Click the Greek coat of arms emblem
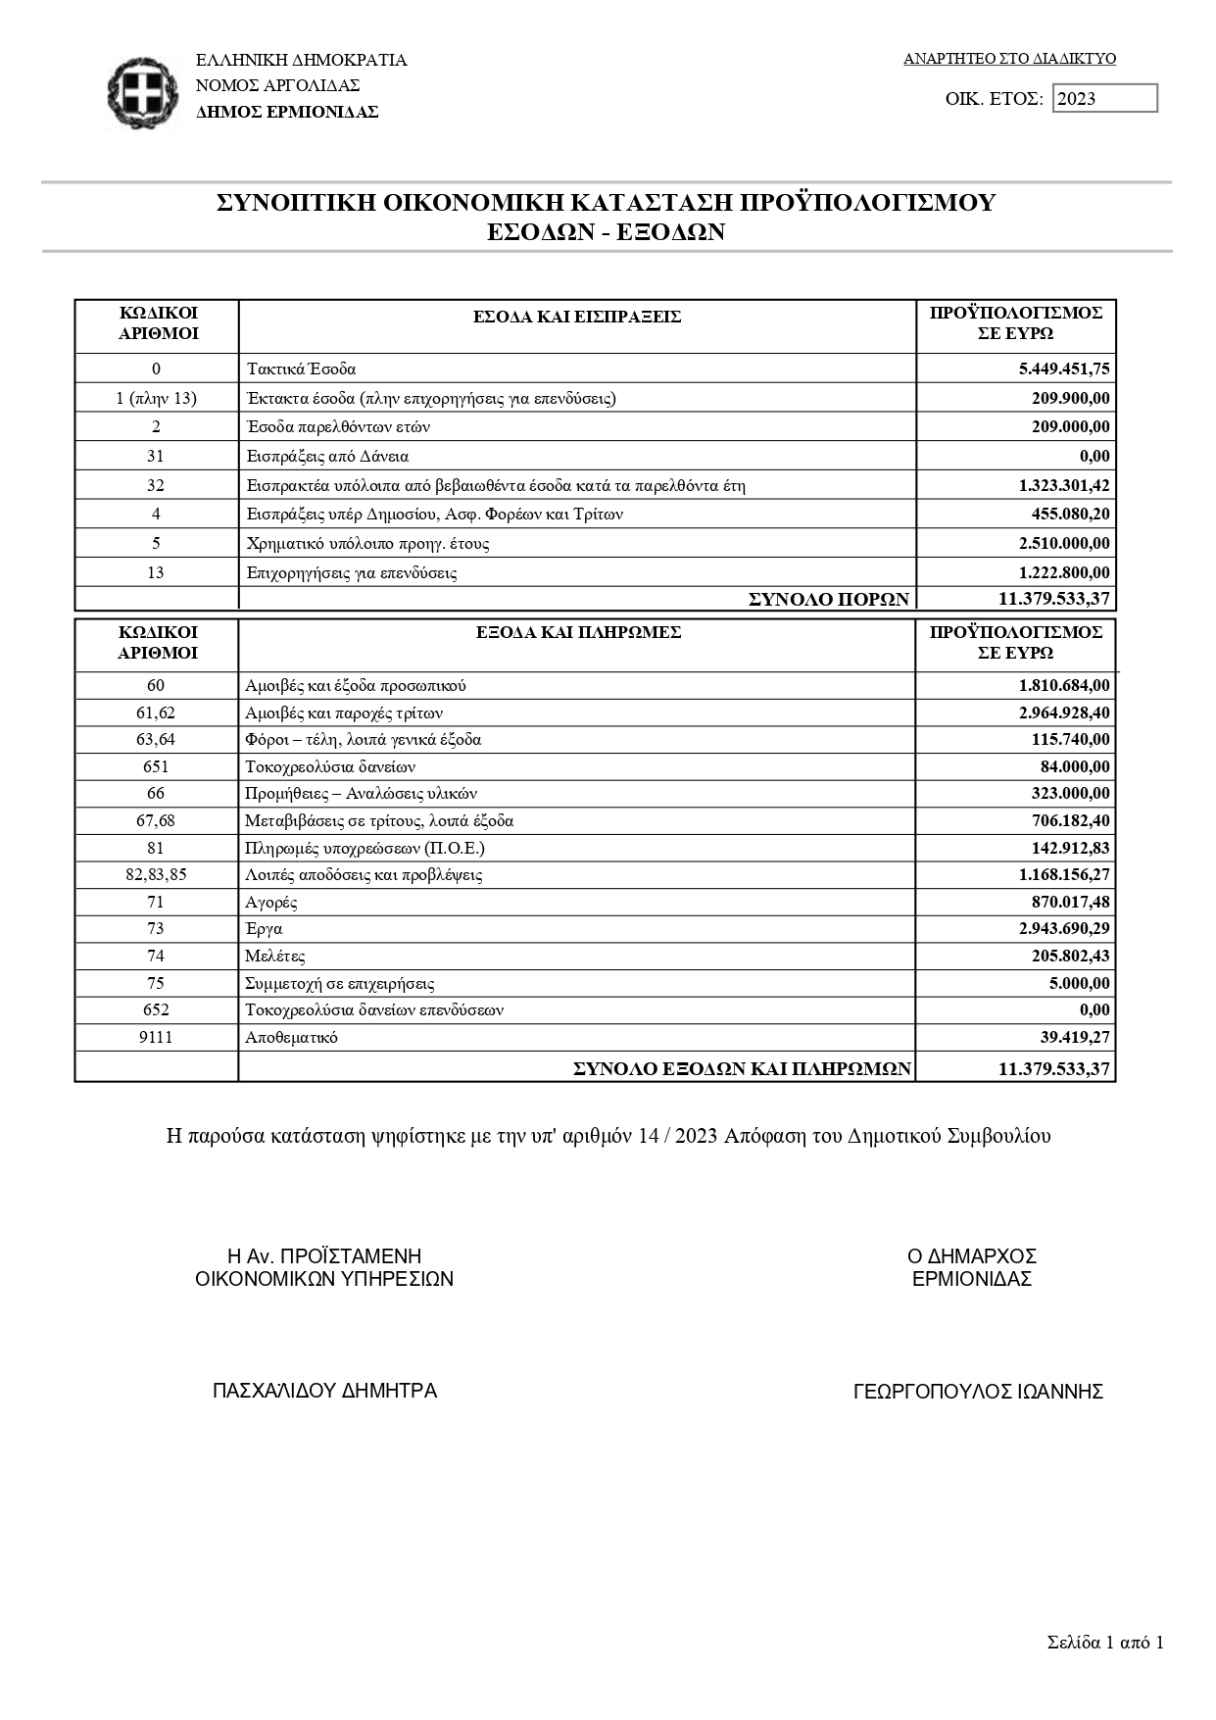pos(143,93)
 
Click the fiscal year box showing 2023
pos(1104,99)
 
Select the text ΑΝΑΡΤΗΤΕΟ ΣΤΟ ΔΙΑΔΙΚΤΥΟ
pos(1009,59)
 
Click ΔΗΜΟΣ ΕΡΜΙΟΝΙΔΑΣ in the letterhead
pos(287,112)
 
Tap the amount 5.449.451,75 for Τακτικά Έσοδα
pos(1064,369)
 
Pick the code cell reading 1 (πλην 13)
pos(156,398)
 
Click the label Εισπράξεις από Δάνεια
pos(327,456)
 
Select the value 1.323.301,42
pos(1064,485)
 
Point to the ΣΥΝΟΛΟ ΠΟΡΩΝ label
pos(829,599)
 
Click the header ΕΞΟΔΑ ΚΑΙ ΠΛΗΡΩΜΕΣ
pos(577,632)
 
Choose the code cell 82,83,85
pos(156,874)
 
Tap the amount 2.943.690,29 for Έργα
pos(1064,928)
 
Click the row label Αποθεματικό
pos(291,1037)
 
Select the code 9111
pos(156,1037)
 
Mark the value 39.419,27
pos(1075,1037)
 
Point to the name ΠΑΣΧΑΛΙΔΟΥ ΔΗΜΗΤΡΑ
pos(324,1391)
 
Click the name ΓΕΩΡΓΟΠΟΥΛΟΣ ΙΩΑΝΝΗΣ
pos(978,1392)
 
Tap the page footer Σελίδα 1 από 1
pos(1104,1644)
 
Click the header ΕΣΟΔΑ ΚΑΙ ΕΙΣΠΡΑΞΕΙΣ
pos(577,317)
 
